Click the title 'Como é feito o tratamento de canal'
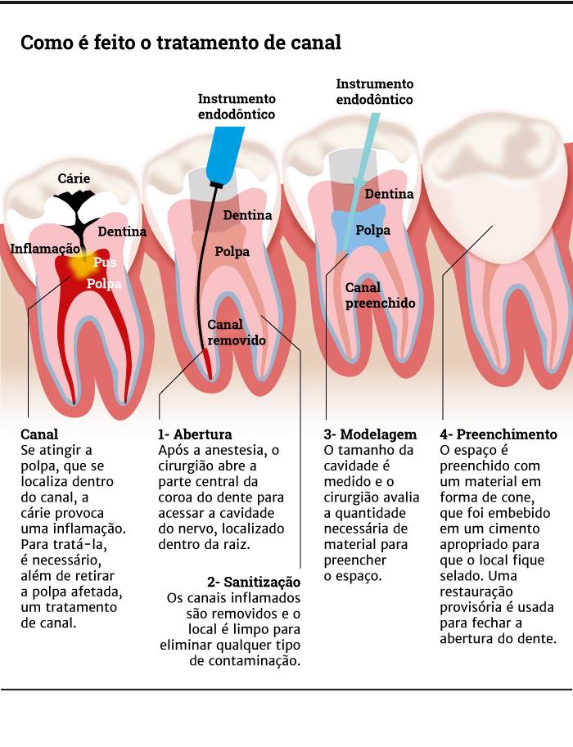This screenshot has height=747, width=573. [181, 43]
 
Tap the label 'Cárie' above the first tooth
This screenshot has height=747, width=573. [74, 178]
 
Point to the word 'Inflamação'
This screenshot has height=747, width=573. [45, 249]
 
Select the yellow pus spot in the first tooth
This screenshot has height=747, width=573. [79, 266]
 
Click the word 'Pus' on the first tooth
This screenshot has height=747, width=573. [105, 262]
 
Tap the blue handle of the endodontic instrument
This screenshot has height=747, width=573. [225, 154]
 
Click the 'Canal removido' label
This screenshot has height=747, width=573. [237, 332]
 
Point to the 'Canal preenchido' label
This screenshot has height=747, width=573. [380, 295]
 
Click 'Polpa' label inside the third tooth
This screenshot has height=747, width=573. [372, 230]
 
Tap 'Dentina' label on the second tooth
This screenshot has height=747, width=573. [247, 215]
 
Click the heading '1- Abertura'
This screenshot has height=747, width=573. [195, 434]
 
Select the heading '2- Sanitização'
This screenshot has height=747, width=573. [254, 583]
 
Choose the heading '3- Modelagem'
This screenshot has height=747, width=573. [370, 434]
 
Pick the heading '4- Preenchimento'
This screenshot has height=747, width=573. [499, 434]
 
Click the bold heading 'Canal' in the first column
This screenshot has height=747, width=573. [39, 434]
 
